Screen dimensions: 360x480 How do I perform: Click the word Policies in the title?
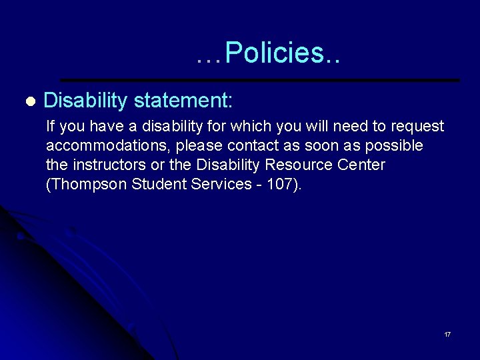tap(275, 53)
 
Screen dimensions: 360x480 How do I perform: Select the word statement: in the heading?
tap(183, 101)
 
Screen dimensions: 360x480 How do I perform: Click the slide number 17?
tap(447, 334)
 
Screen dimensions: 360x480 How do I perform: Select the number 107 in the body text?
tap(279, 184)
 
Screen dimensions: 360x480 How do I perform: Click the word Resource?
tap(300, 165)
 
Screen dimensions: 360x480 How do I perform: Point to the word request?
tap(418, 127)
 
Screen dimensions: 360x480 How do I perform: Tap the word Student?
tap(157, 184)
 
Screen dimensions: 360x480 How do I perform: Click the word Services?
tap(216, 184)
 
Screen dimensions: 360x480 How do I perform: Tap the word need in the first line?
tap(349, 127)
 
